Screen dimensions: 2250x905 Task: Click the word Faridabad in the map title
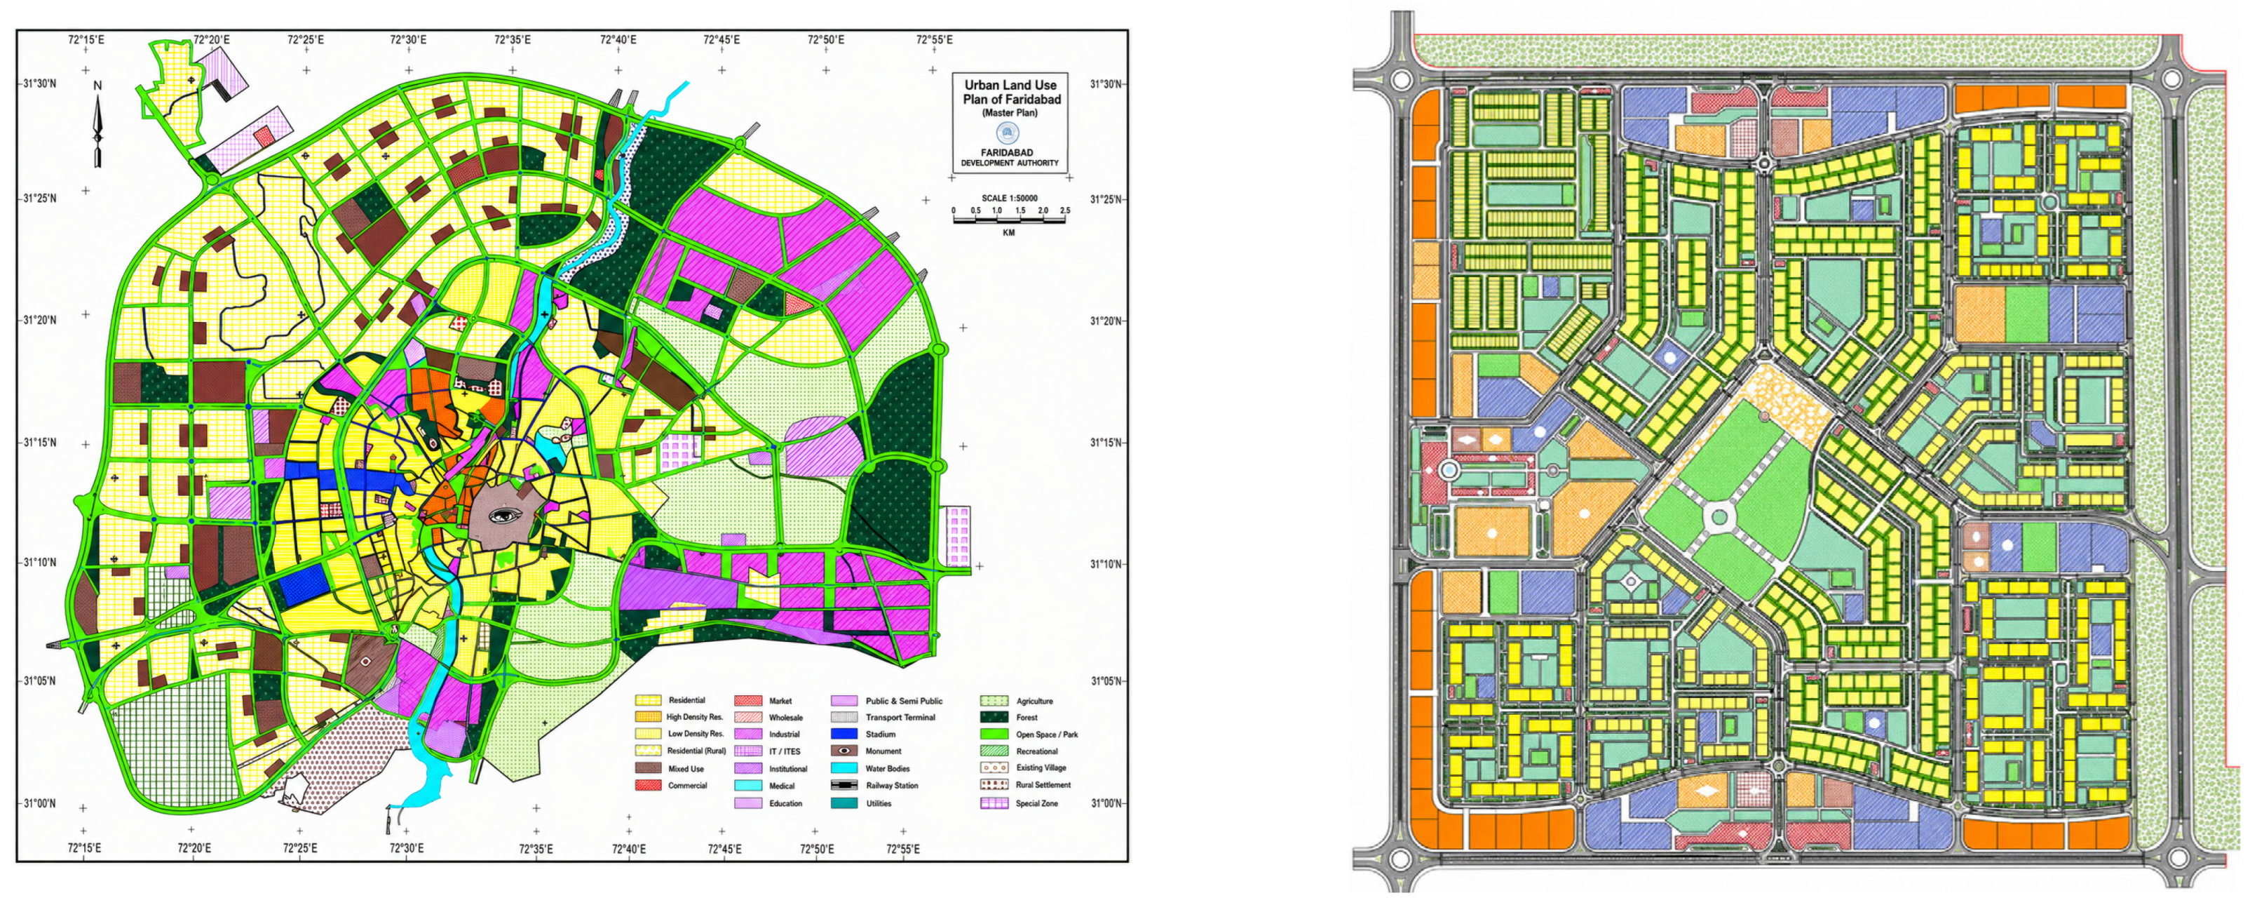tap(1034, 100)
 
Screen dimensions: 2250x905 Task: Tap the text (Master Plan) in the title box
tap(1010, 114)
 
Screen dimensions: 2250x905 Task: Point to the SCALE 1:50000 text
tap(1009, 199)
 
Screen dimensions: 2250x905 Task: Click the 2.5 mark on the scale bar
tap(1065, 210)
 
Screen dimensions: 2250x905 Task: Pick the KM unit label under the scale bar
tap(1009, 233)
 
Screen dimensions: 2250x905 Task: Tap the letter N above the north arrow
tap(98, 86)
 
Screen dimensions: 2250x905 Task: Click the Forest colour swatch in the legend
tap(994, 717)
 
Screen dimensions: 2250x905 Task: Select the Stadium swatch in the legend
tap(843, 734)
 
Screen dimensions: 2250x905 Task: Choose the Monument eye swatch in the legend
tap(843, 751)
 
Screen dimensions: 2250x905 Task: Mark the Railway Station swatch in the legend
tap(843, 784)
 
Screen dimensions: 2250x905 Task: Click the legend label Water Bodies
tap(888, 769)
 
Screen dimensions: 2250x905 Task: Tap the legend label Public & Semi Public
tap(904, 701)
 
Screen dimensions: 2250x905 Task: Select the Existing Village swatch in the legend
tap(994, 768)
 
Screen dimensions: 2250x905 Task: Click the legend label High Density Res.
tap(696, 717)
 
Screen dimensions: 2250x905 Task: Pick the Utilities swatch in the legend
tap(843, 803)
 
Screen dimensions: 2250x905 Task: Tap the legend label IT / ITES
tap(785, 751)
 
